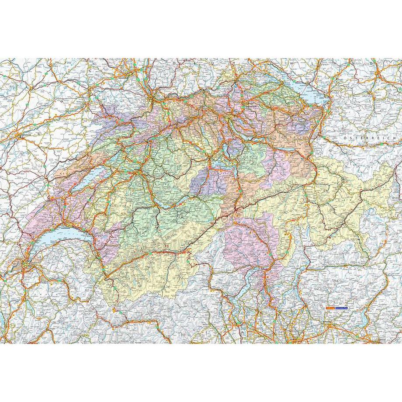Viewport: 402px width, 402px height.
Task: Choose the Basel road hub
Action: pyautogui.click(x=151, y=100)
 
